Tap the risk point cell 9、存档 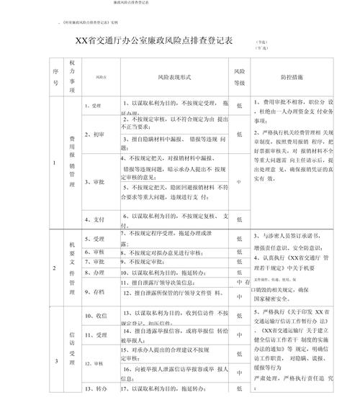(x=95, y=291)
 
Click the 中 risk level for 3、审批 (x=239, y=181)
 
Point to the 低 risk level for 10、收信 (x=239, y=316)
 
